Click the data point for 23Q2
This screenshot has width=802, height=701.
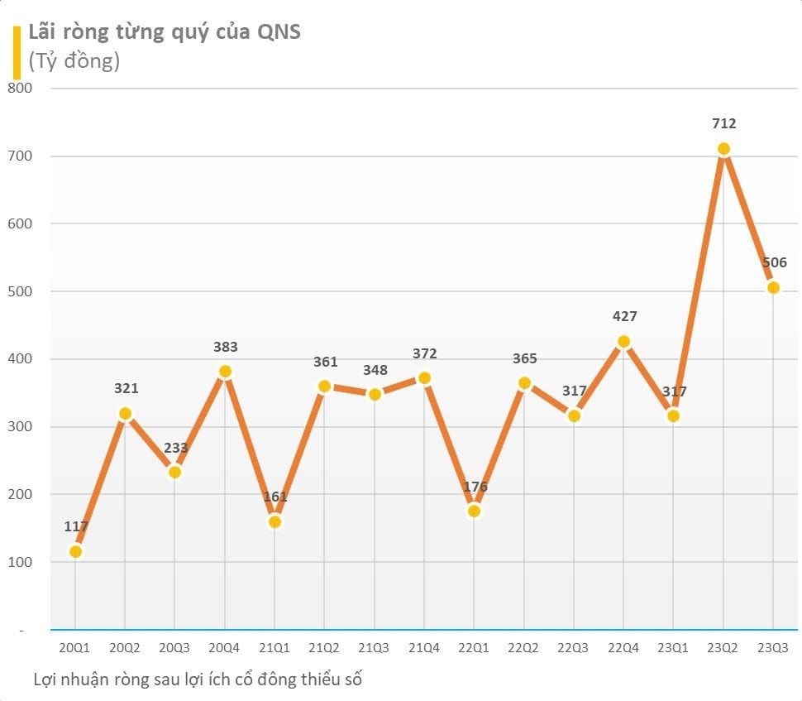723,149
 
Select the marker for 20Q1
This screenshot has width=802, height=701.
75,551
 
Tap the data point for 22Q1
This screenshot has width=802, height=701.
474,511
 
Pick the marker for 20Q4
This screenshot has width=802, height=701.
225,372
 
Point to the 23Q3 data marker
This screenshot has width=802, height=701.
773,288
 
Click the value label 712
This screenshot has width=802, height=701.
723,123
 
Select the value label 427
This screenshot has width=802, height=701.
624,316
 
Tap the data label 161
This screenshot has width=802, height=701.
274,497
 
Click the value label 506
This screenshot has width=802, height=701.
774,263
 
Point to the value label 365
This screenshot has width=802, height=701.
524,358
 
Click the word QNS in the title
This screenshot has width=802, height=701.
277,32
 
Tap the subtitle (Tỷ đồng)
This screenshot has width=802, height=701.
74,60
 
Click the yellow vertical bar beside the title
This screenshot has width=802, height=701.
17,51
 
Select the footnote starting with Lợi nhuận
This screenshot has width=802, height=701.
198,679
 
